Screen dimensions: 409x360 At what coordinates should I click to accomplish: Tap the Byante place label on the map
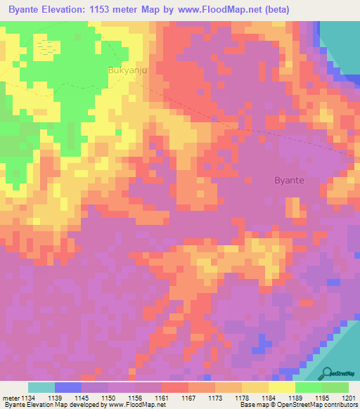click(x=289, y=180)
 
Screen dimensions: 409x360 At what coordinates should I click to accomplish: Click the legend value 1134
click(x=28, y=397)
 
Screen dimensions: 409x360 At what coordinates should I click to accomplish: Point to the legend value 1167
click(x=188, y=397)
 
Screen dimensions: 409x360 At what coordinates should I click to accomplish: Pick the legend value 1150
click(x=108, y=397)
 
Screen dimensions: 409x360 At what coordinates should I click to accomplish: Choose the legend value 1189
click(x=295, y=397)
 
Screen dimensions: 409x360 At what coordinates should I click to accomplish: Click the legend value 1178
click(x=243, y=397)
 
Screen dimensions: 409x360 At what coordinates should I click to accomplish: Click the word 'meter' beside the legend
click(x=10, y=397)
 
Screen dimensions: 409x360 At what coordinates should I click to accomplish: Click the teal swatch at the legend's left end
click(x=41, y=387)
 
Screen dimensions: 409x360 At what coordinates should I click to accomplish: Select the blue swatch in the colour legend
click(x=68, y=387)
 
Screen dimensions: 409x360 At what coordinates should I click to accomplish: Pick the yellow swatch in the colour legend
click(x=282, y=387)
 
